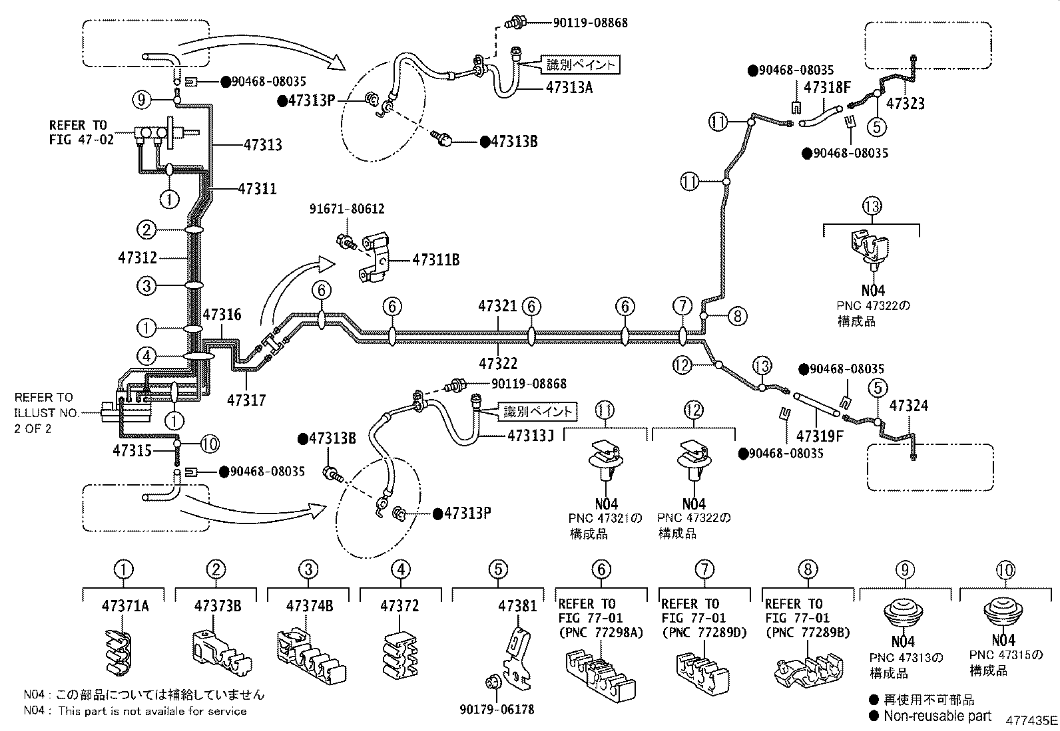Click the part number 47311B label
coord(436,259)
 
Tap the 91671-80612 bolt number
coord(347,209)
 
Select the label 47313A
coord(569,88)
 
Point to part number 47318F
coord(827,88)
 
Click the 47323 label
coord(906,104)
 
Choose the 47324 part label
coord(909,406)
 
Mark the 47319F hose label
coord(820,436)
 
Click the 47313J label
coord(531,436)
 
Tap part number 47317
coord(246,400)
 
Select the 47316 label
coord(222,315)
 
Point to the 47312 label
coord(138,257)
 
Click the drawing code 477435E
coord(1031,720)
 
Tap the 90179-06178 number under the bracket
coord(497,709)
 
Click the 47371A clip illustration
coord(119,653)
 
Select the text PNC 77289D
coord(704,633)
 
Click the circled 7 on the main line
coord(682,307)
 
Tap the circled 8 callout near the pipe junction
coord(737,316)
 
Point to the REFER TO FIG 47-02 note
coord(81,132)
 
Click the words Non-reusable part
coord(937,716)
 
